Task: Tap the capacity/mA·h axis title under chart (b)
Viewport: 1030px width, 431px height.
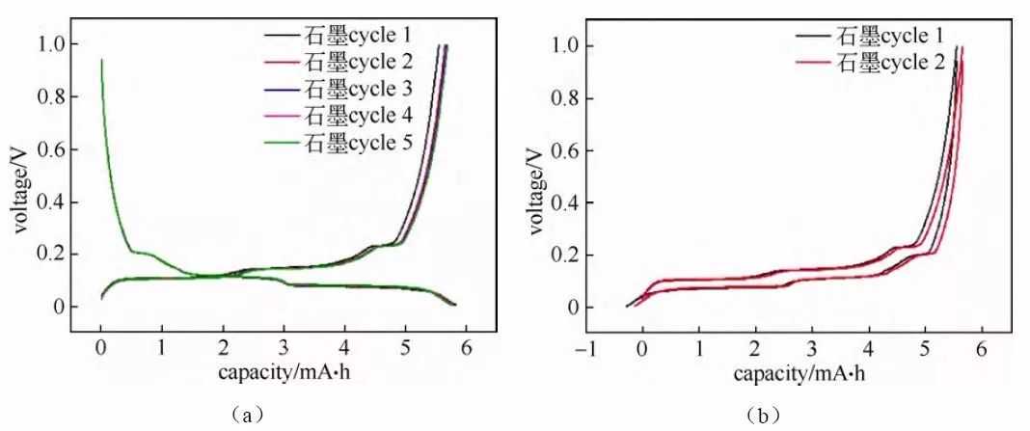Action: [x=800, y=372]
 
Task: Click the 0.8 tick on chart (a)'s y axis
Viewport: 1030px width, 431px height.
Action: [x=54, y=97]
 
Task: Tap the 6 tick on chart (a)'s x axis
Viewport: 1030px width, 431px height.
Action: [x=466, y=348]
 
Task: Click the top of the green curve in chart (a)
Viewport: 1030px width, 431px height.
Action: [x=101, y=61]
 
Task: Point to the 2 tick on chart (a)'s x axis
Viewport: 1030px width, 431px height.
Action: [x=223, y=348]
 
